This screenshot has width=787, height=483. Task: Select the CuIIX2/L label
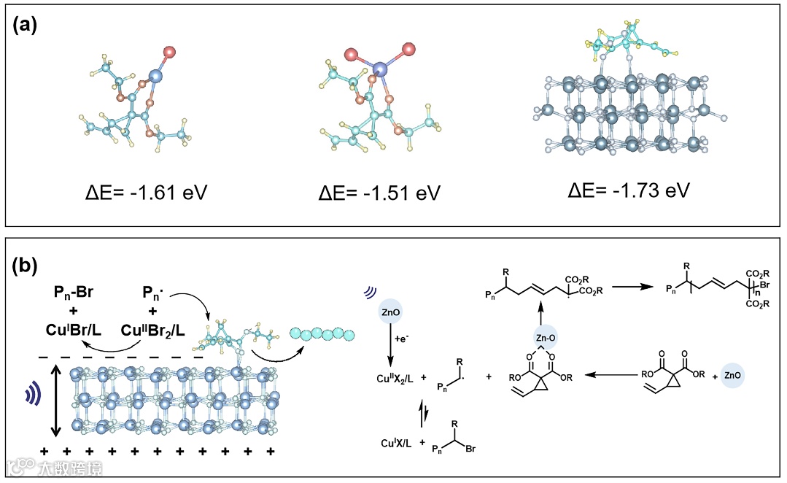(x=392, y=378)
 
